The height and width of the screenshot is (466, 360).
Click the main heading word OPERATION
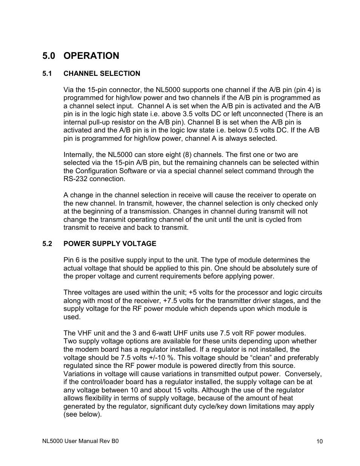pyautogui.click(x=91, y=56)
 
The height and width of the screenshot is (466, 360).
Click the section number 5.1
pyautogui.click(x=47, y=74)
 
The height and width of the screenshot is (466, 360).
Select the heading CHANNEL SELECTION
pyautogui.click(x=102, y=74)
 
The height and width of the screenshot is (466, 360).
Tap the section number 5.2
pyautogui.click(x=47, y=244)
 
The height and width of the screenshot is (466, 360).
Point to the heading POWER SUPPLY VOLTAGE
pyautogui.click(x=109, y=244)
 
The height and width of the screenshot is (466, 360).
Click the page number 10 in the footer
pyautogui.click(x=320, y=441)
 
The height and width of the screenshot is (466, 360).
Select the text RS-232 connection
pyautogui.click(x=94, y=179)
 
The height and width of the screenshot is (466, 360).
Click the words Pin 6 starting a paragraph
pyautogui.click(x=72, y=260)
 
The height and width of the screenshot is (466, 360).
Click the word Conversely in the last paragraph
pyautogui.click(x=304, y=374)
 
